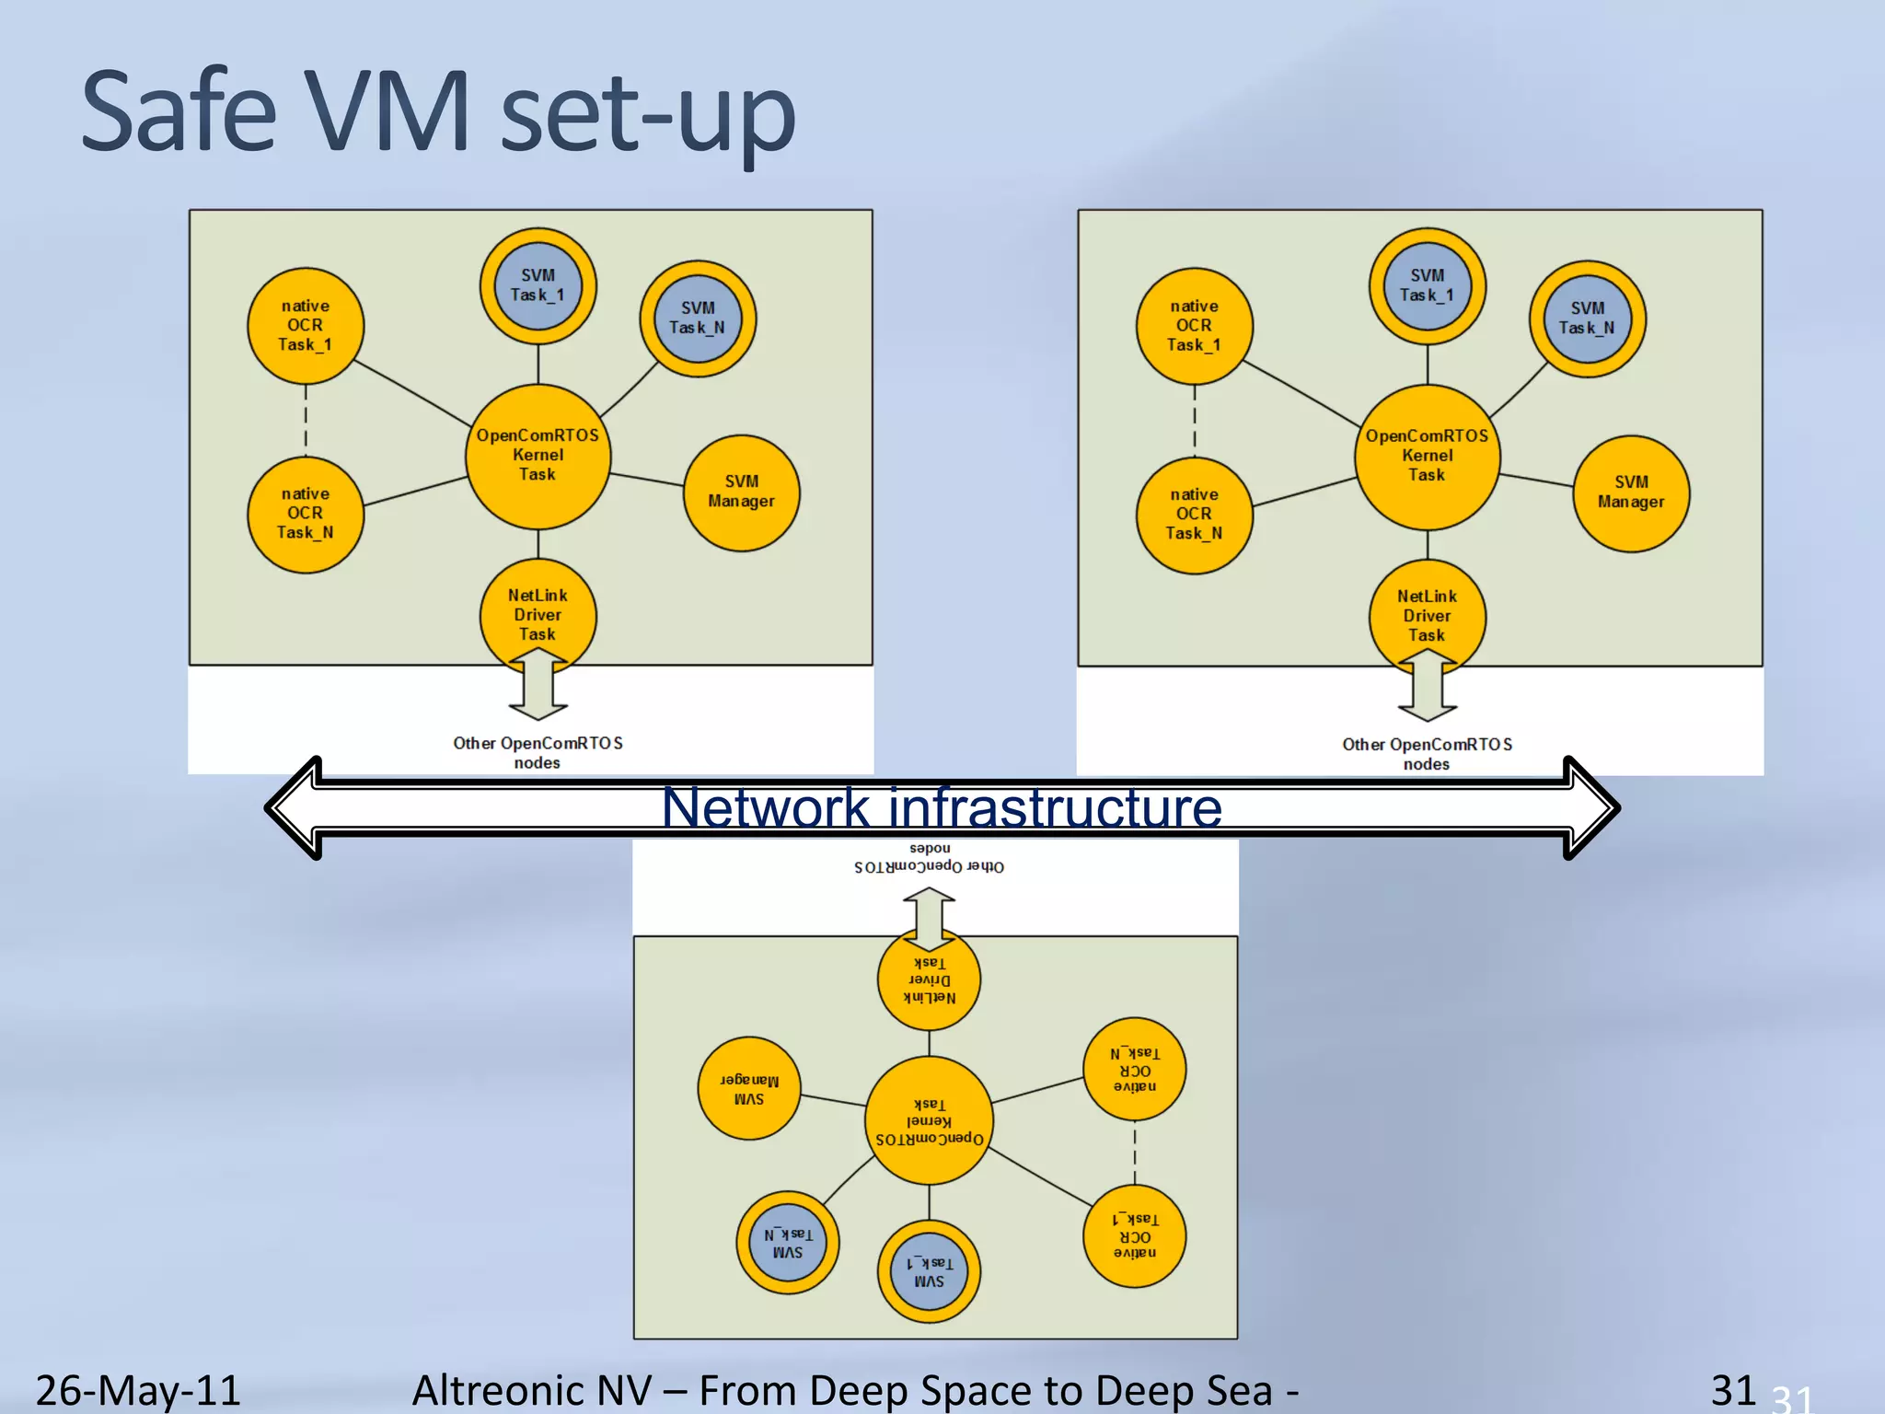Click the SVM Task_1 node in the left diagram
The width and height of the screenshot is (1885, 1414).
538,286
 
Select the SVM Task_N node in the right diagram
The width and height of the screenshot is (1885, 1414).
1587,319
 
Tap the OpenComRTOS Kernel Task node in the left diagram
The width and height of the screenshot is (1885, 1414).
538,456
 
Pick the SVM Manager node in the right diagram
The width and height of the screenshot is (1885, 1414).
1631,493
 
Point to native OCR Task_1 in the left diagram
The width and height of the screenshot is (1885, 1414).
305,326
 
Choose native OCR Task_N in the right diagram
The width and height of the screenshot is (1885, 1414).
1194,515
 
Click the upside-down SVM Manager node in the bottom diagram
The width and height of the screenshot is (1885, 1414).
748,1088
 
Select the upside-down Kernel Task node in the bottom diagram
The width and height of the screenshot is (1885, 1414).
929,1120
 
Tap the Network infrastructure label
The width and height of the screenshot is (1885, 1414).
942,808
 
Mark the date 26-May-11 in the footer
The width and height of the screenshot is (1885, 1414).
138,1389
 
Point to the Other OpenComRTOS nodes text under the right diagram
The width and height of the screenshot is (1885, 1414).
1427,754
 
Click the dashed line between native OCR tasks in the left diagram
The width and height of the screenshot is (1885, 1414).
306,420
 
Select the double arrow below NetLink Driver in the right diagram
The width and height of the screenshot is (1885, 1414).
1428,686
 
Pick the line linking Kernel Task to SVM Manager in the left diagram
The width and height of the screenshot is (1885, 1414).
646,480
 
